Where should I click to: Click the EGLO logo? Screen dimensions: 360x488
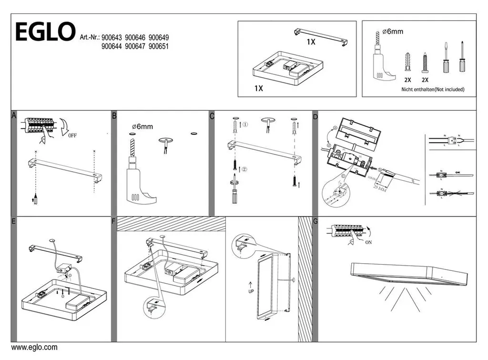point(45,32)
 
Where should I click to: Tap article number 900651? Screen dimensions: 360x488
point(159,47)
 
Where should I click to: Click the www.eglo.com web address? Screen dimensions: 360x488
point(34,348)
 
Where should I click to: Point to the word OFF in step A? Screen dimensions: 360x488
point(72,135)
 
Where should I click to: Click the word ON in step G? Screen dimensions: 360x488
point(368,242)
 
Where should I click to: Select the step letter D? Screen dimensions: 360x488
point(315,116)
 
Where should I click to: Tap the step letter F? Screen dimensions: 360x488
point(113,221)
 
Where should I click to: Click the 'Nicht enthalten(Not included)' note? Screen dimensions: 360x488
point(433,89)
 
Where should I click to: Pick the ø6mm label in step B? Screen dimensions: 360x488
point(142,127)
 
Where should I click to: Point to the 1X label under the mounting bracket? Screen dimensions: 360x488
point(310,42)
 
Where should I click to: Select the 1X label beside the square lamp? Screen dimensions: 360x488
point(259,88)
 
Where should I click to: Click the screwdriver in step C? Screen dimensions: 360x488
point(234,191)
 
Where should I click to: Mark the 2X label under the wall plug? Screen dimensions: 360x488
point(408,79)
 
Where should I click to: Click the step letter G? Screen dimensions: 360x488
point(315,221)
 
